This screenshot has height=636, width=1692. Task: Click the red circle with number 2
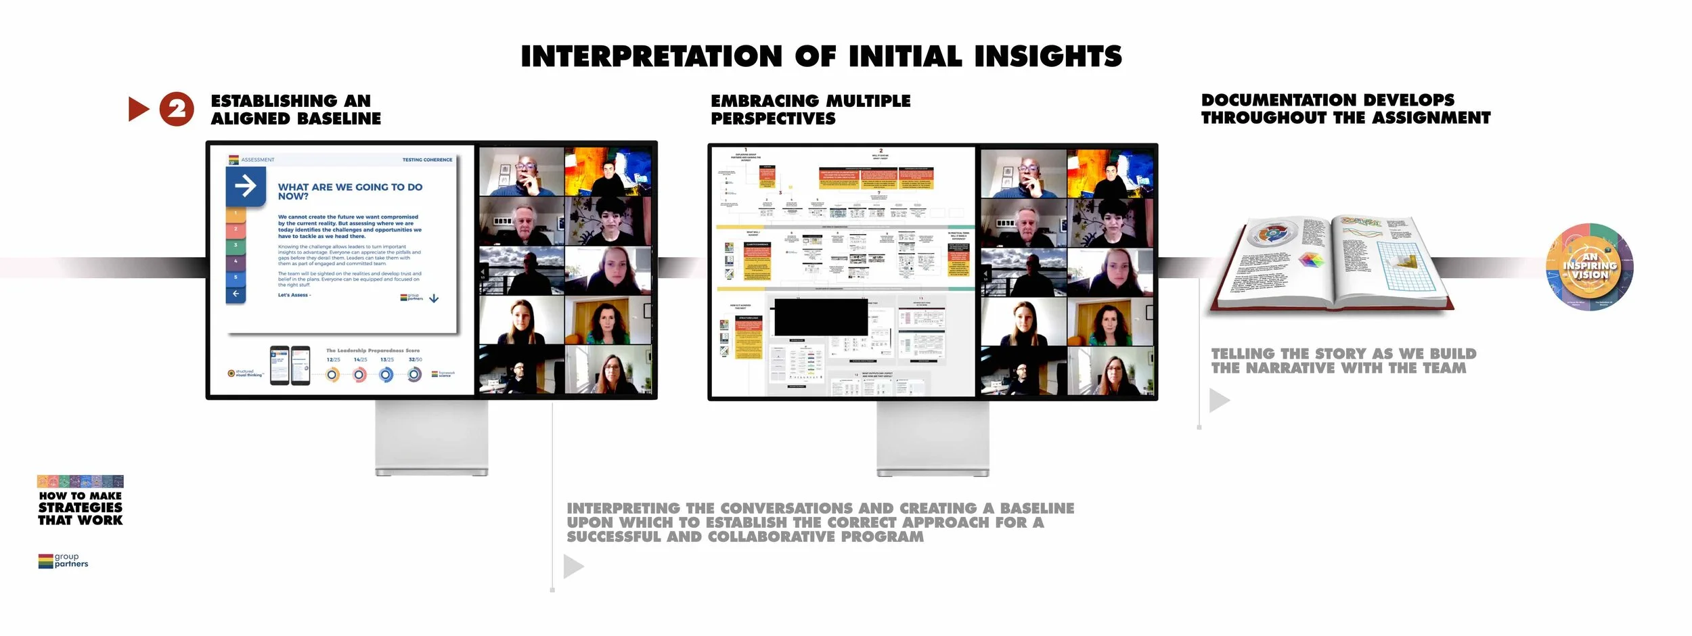click(x=177, y=109)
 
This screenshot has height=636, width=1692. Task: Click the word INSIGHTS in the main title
click(x=1048, y=56)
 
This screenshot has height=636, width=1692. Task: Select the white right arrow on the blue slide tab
click(x=245, y=185)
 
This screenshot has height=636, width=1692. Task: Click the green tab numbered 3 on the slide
click(x=236, y=245)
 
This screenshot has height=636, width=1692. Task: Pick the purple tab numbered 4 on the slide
click(x=236, y=261)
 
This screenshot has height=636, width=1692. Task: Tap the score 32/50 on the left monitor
click(x=415, y=360)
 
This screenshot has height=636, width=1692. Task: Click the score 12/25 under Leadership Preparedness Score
click(x=333, y=360)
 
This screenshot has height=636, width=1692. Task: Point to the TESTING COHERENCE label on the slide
click(x=427, y=160)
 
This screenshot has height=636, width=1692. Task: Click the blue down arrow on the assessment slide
click(x=434, y=298)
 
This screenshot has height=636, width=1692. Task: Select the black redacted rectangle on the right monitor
click(x=820, y=317)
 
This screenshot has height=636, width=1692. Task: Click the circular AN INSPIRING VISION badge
click(x=1589, y=267)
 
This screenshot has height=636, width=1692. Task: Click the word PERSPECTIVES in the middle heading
click(x=773, y=119)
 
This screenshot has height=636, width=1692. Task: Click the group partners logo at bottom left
click(x=63, y=561)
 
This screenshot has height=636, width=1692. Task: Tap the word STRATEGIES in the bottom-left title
click(x=81, y=507)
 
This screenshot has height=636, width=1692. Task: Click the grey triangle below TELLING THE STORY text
click(x=1218, y=400)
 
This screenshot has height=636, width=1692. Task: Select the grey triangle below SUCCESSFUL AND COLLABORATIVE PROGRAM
click(x=573, y=566)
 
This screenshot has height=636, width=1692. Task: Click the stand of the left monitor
click(x=431, y=438)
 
